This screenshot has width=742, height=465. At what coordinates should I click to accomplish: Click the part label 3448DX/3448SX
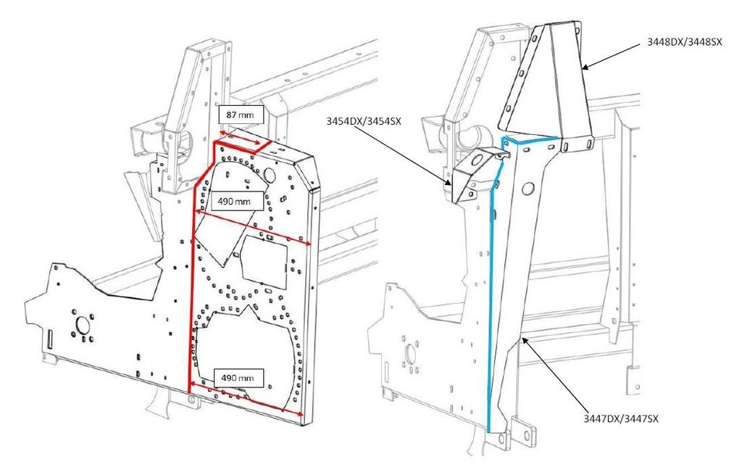pos(685,42)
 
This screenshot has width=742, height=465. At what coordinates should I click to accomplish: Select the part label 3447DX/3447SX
pos(621,419)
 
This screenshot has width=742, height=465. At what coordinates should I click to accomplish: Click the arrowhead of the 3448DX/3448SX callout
pos(583,67)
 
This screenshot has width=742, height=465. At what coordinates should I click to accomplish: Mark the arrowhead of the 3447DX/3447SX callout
pos(524,338)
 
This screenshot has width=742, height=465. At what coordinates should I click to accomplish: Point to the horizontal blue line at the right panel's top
pos(531,136)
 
